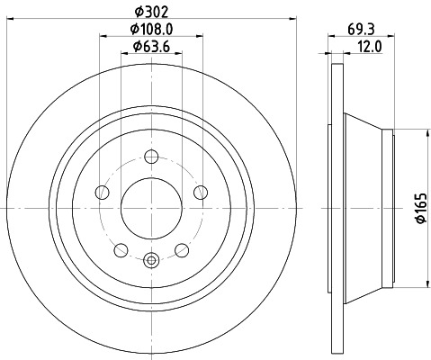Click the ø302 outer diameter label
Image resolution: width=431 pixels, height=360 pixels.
[150, 12]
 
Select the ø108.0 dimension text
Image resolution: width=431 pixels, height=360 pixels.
[150, 29]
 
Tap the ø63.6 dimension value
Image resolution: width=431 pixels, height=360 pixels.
[150, 47]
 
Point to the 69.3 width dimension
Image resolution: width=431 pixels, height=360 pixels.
[366, 28]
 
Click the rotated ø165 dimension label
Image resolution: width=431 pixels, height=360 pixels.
[418, 207]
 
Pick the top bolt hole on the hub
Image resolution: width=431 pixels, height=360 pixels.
[150, 159]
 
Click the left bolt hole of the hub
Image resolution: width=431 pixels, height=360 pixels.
[103, 193]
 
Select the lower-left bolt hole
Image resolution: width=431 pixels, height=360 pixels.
[121, 249]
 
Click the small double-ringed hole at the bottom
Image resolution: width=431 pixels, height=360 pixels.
[150, 261]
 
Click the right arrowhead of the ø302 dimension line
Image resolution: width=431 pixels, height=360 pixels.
[292, 21]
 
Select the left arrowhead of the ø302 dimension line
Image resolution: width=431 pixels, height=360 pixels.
[10, 21]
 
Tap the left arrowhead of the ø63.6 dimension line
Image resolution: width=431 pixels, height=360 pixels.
[123, 56]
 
